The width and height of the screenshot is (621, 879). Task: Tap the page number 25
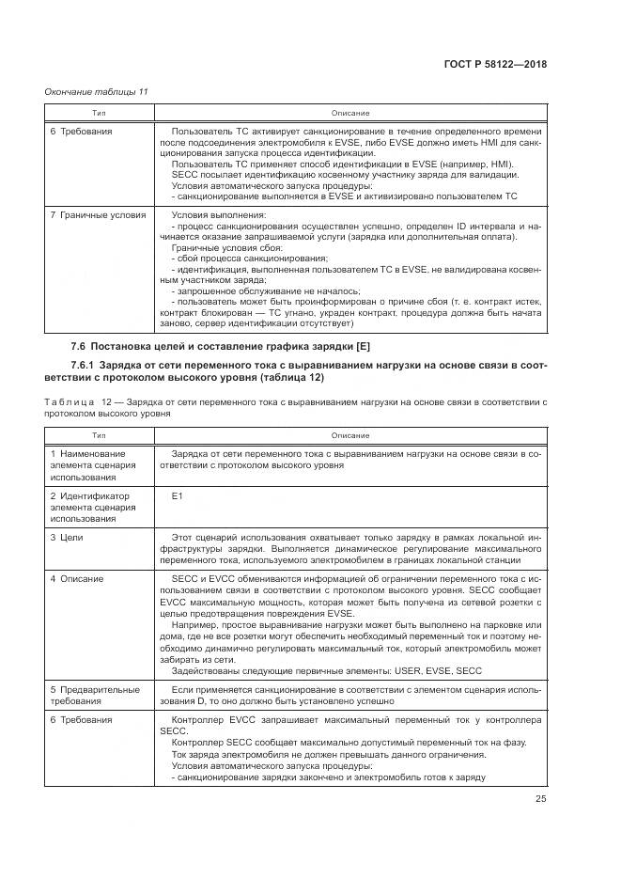(x=540, y=799)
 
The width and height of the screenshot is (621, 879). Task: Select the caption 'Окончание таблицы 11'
(x=97, y=91)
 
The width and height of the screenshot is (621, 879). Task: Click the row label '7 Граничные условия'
(x=98, y=215)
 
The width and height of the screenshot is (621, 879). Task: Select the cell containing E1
(x=178, y=495)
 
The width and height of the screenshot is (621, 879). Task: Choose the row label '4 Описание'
(x=77, y=577)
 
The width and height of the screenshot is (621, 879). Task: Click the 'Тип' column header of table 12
(x=98, y=436)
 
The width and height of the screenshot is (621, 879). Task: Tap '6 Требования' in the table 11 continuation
(x=81, y=132)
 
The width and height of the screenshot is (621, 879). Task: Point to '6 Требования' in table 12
(x=81, y=719)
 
